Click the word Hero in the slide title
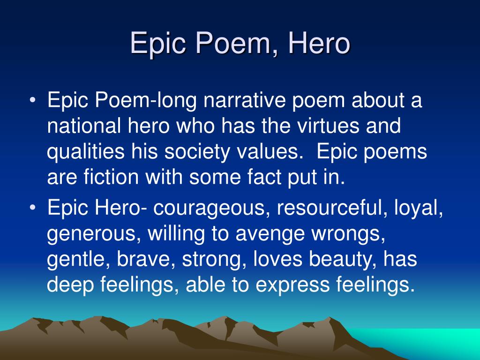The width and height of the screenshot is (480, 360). tap(319, 43)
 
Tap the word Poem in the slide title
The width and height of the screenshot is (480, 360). tap(233, 43)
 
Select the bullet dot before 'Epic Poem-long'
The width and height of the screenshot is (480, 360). tap(32, 100)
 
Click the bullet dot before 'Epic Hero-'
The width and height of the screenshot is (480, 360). tap(32, 208)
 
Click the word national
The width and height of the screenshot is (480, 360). tap(84, 126)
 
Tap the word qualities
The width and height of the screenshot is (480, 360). tap(86, 151)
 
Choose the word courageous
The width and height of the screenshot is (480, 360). tap(212, 208)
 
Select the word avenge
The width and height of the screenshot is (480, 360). tap(270, 233)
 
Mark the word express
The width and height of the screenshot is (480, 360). tap(292, 285)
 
